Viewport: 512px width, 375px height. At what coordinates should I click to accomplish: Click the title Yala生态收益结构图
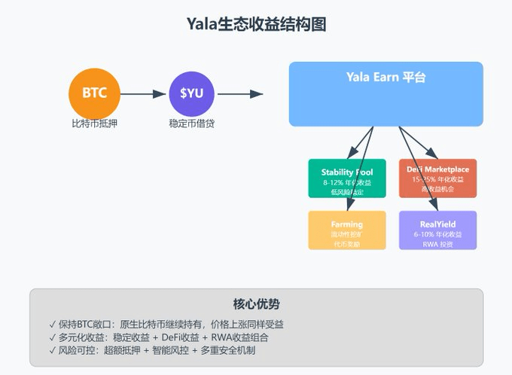point(256,24)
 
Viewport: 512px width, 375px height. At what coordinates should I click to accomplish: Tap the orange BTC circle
point(94,93)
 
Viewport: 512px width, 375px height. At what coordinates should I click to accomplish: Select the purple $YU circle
point(191,93)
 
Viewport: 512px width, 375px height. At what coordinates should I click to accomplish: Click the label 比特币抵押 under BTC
point(94,122)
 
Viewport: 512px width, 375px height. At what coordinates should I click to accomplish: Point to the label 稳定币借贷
point(191,122)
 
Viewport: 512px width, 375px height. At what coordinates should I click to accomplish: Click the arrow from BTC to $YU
point(143,94)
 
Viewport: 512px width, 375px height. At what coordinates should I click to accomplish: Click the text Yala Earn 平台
point(386,78)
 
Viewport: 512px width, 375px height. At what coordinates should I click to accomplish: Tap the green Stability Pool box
point(347,178)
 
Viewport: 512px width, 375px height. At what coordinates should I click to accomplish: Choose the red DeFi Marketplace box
point(437,178)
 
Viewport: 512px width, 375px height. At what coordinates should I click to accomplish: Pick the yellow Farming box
point(347,230)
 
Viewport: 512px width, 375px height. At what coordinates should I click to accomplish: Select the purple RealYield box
point(437,230)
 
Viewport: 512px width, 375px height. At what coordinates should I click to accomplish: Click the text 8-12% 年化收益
point(347,182)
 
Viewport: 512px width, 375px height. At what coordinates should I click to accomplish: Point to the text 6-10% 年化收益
point(437,234)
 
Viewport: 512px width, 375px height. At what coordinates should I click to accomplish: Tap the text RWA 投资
point(437,244)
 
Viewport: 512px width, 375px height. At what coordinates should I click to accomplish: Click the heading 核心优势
point(256,304)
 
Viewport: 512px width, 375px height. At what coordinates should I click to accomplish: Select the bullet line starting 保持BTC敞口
point(166,325)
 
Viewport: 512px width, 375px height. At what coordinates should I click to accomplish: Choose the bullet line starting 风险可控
point(151,350)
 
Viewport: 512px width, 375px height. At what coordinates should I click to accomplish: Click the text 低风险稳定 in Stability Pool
point(347,192)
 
